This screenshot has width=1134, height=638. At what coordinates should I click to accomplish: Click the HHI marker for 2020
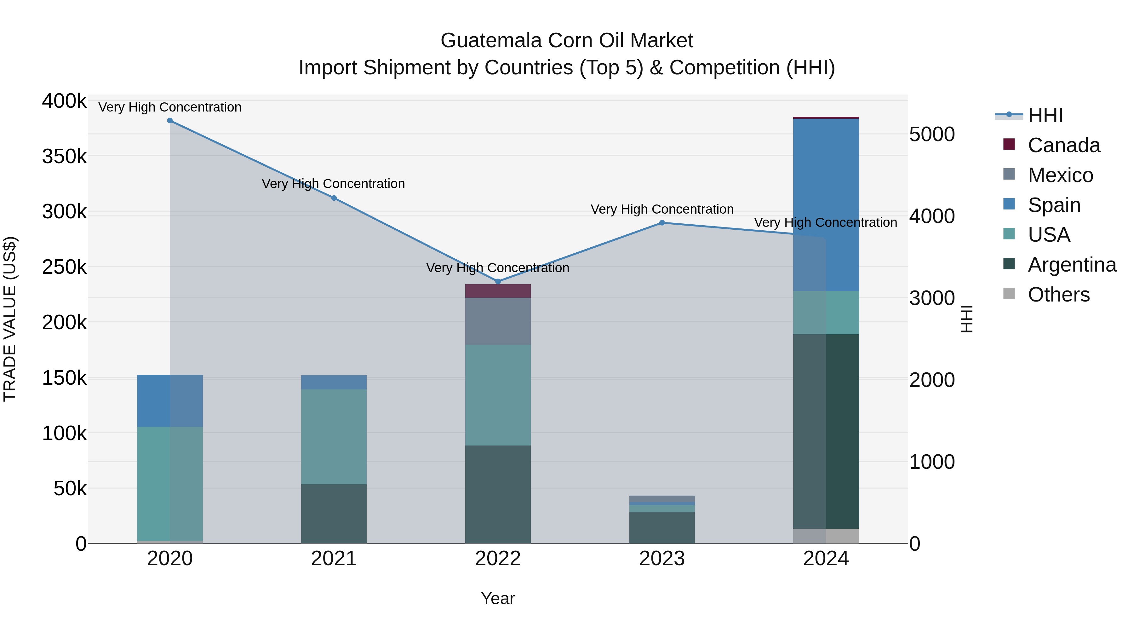(170, 121)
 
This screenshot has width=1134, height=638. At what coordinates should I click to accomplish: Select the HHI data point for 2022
(498, 281)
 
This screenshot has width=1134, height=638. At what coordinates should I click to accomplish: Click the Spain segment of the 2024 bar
(826, 205)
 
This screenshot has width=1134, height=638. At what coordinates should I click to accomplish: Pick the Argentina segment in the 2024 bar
(826, 432)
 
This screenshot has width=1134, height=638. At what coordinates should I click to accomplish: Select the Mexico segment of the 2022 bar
(498, 321)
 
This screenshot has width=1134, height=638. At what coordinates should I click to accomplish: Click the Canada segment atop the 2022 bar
(498, 291)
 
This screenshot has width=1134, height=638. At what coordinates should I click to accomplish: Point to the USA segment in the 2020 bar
(170, 483)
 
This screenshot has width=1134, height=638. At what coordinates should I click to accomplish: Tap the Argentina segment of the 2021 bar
(334, 514)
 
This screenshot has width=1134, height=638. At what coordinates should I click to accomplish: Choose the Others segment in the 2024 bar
(826, 536)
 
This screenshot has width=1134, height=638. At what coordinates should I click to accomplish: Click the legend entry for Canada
(1063, 145)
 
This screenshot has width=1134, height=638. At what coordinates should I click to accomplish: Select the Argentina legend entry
(1072, 265)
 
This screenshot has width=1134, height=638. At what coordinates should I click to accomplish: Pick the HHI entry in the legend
(1045, 115)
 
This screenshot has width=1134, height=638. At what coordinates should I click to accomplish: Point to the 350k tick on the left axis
(64, 156)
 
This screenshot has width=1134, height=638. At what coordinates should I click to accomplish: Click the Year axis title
(498, 598)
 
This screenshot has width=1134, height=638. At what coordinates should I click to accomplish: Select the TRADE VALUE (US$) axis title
(10, 319)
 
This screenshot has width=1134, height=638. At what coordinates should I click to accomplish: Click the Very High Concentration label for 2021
(333, 184)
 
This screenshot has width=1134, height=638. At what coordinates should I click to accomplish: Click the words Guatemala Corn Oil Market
(567, 41)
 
